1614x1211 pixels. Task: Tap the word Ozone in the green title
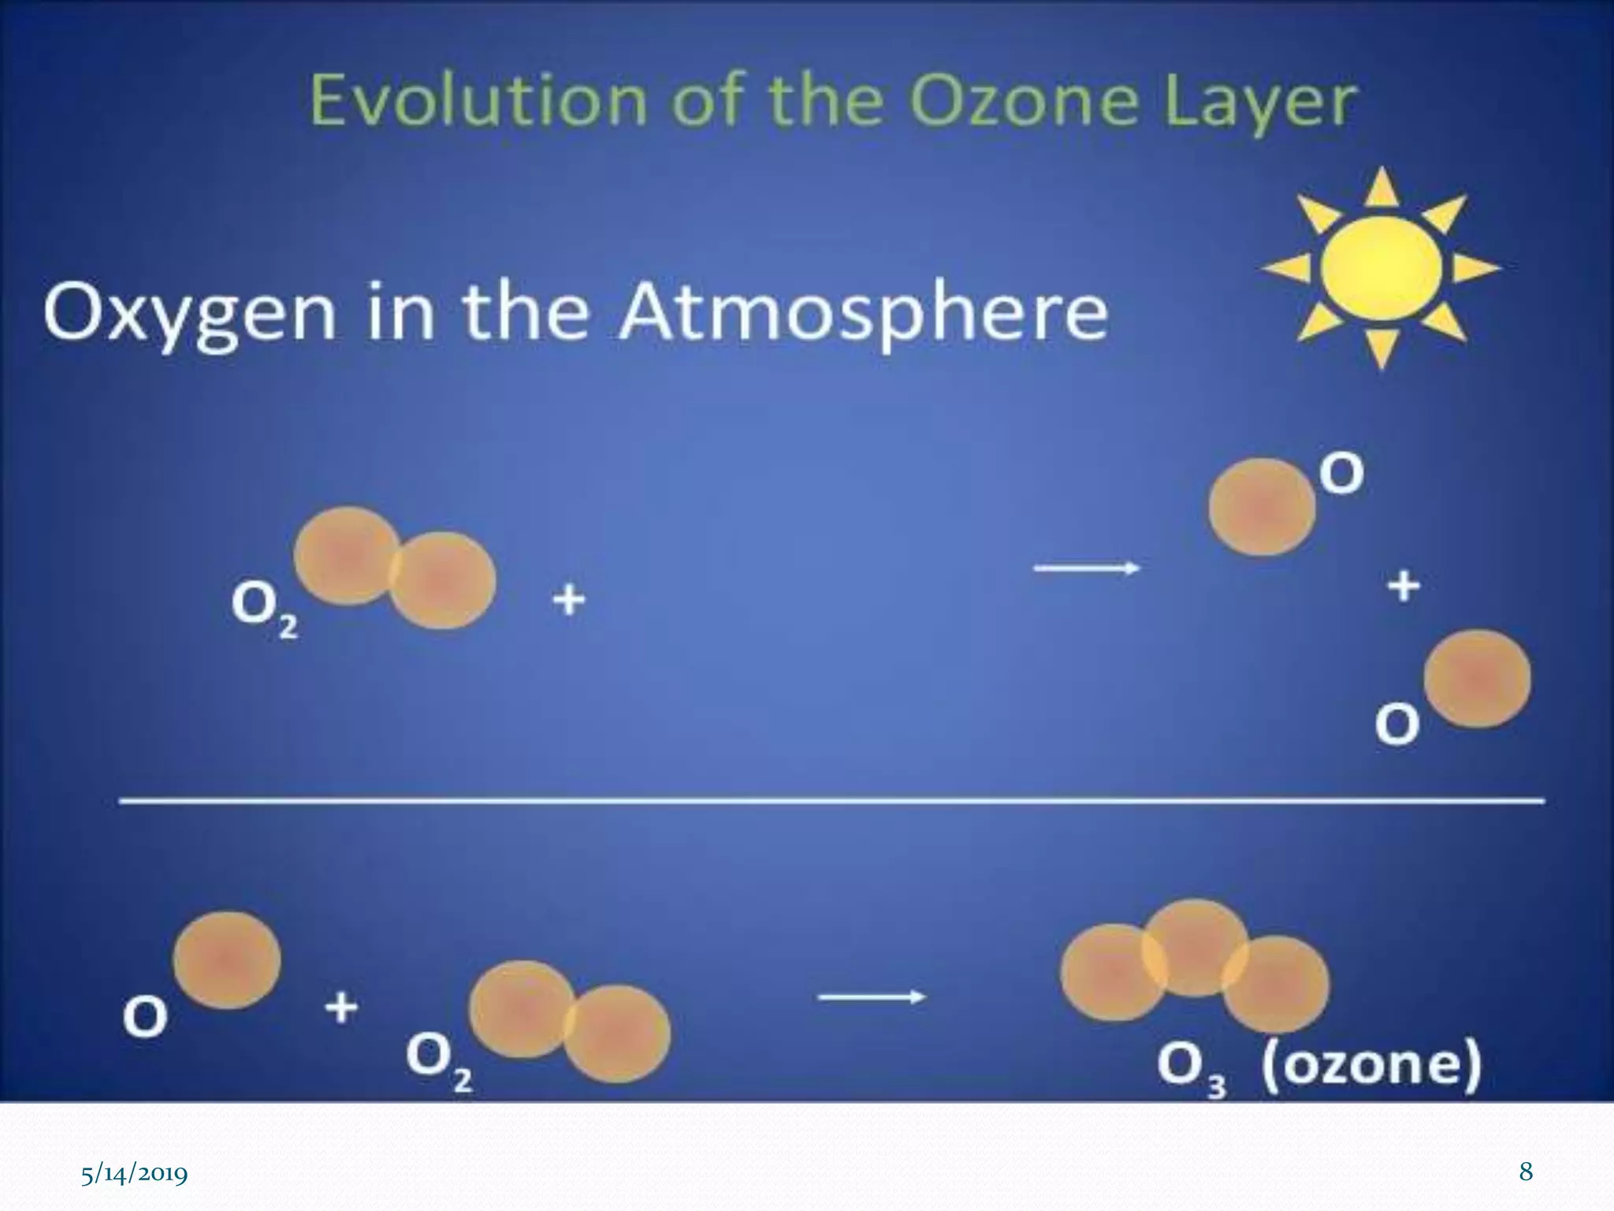point(1025,101)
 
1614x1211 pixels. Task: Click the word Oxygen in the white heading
point(189,313)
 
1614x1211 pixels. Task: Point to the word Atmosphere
point(863,313)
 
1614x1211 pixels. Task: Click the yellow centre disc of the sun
point(1381,268)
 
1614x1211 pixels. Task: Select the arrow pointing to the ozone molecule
point(871,997)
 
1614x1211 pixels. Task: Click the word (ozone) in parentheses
point(1371,1064)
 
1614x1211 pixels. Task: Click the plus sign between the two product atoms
point(1404,587)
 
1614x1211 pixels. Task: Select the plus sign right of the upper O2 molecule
point(569,601)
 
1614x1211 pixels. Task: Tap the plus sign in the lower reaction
point(341,1008)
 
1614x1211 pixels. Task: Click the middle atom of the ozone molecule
point(1195,946)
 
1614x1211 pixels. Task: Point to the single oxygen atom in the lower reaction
point(227,960)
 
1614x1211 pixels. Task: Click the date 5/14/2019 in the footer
point(135,1175)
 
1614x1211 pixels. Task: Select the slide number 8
point(1526,1172)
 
